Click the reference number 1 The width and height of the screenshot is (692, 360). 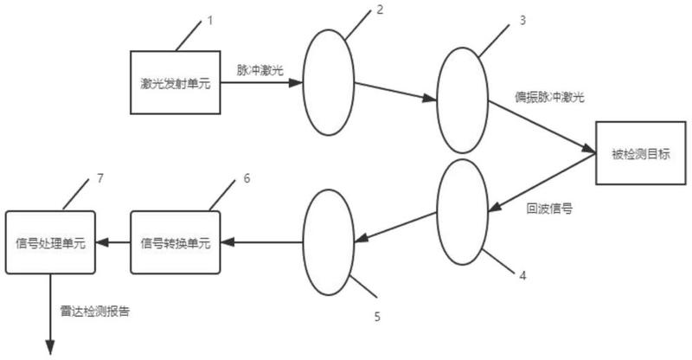pos(210,20)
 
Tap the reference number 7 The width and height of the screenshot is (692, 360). pos(100,178)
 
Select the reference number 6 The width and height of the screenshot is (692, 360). pos(247,178)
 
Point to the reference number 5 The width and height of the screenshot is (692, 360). pos(377,317)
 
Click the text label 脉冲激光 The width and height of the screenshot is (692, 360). pos(260,70)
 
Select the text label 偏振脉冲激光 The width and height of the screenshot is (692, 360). pos(549,97)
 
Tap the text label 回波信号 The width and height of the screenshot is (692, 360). pos(549,209)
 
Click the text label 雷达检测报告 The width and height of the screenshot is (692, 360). pos(95,312)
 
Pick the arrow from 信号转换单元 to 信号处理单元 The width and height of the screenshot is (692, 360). pos(113,242)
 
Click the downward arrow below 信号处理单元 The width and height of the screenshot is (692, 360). pos(50,314)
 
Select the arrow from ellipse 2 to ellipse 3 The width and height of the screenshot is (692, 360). pos(395,92)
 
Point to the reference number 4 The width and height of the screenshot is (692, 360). pos(522,276)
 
